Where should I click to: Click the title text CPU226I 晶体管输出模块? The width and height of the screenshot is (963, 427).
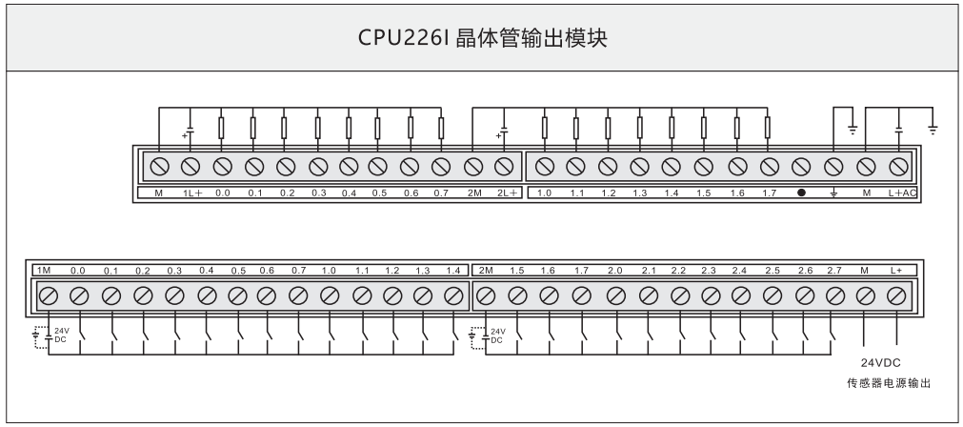pyautogui.click(x=481, y=39)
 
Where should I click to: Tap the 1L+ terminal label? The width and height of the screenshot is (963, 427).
pyautogui.click(x=191, y=193)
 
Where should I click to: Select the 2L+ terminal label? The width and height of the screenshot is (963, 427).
pyautogui.click(x=506, y=193)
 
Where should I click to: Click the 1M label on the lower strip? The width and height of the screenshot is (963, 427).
pyautogui.click(x=44, y=271)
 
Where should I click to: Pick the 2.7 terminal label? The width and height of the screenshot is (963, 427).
pyautogui.click(x=834, y=271)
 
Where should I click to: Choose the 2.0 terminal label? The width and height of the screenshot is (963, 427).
pyautogui.click(x=615, y=271)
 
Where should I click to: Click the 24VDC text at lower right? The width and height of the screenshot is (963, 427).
pyautogui.click(x=880, y=363)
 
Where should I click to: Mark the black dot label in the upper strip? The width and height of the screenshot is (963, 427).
pyautogui.click(x=801, y=193)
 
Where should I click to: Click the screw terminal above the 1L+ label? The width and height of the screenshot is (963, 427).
pyautogui.click(x=190, y=166)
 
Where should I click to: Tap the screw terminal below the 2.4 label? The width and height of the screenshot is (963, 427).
pyautogui.click(x=741, y=295)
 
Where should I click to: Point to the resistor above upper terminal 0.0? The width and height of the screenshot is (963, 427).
pyautogui.click(x=221, y=126)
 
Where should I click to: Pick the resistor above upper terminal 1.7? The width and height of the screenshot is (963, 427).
pyautogui.click(x=768, y=126)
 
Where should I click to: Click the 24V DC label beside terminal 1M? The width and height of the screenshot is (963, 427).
pyautogui.click(x=60, y=335)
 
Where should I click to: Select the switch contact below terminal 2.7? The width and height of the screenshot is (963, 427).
pyautogui.click(x=833, y=335)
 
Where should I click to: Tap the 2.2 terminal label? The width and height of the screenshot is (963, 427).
pyautogui.click(x=679, y=271)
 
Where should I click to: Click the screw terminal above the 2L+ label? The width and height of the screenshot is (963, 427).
pyautogui.click(x=505, y=166)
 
